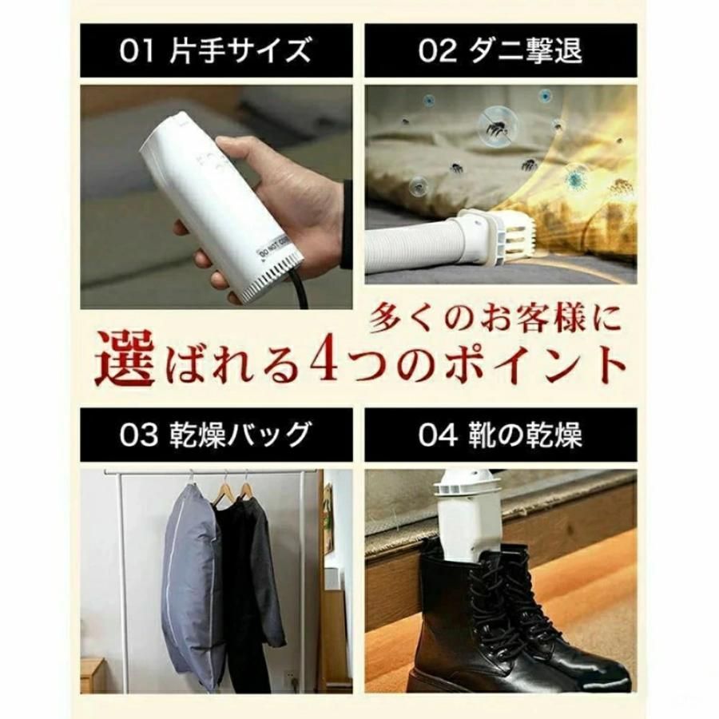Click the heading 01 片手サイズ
pyautogui.click(x=216, y=50)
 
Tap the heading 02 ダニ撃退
pyautogui.click(x=501, y=50)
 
